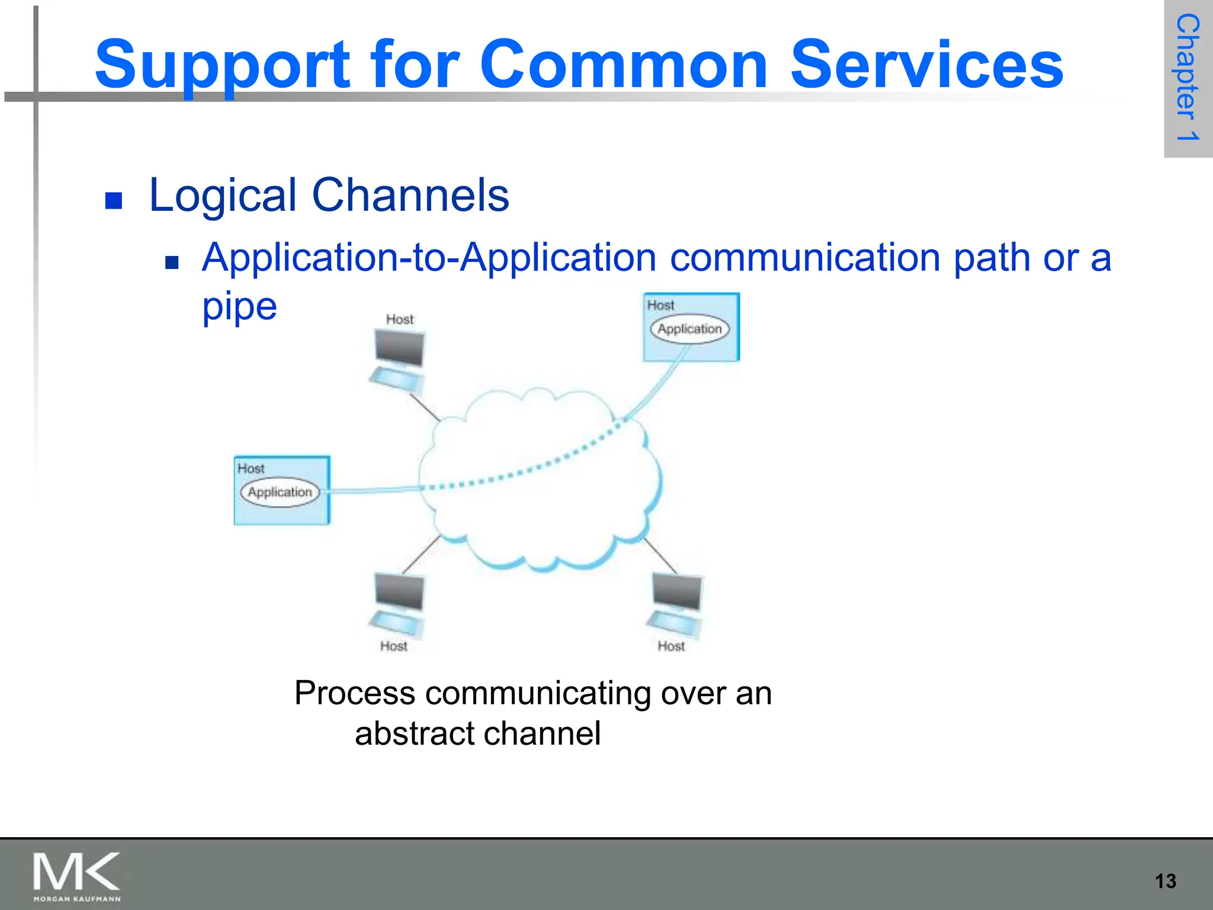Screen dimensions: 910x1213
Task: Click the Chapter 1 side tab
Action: [1188, 78]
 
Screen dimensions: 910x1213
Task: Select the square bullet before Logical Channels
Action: [113, 201]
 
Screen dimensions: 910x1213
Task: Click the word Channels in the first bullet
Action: [410, 195]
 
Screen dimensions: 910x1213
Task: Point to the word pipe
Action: [239, 307]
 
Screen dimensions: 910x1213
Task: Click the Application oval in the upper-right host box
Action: [689, 329]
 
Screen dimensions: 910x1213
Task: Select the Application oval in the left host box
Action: [280, 492]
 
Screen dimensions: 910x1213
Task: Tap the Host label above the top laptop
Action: [400, 319]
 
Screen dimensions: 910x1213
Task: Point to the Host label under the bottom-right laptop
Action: [671, 646]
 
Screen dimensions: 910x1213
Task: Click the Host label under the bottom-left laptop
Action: [394, 646]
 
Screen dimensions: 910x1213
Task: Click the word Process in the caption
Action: [355, 693]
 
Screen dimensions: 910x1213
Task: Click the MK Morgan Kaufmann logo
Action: [76, 876]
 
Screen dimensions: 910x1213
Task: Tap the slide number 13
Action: [1165, 881]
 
